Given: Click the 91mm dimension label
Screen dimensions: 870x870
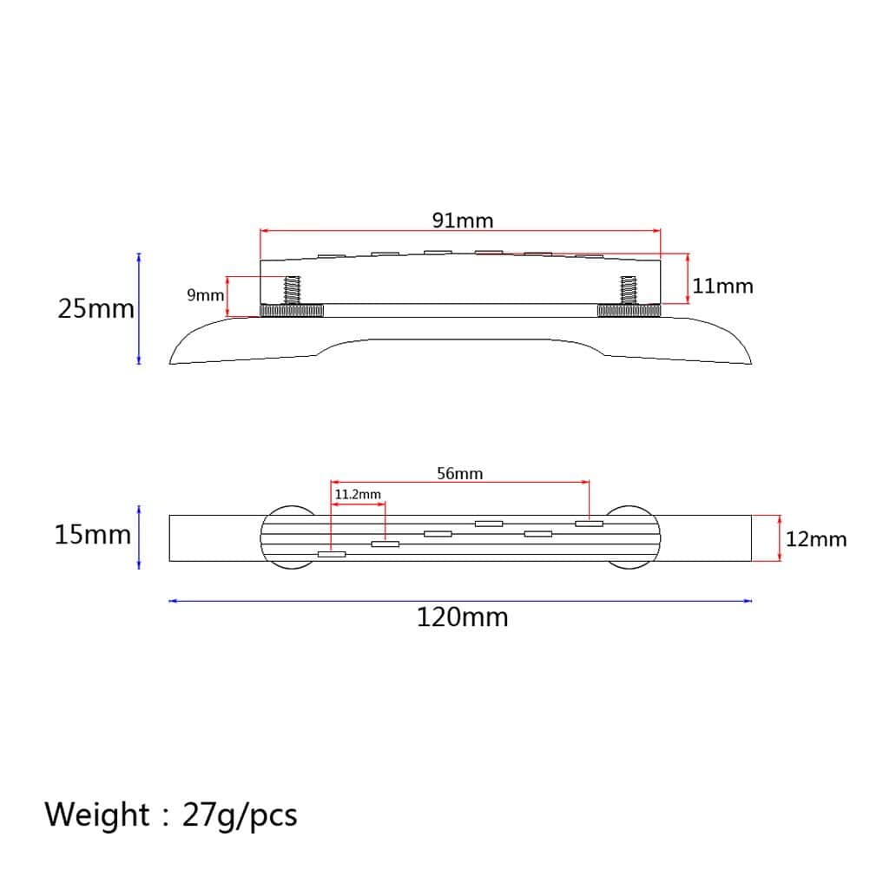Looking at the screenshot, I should tap(463, 221).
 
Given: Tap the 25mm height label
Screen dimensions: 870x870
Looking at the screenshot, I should tap(96, 308).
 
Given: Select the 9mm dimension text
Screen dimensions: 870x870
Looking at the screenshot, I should tap(205, 295).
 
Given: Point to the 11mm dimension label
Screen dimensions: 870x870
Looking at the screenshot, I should tap(722, 286).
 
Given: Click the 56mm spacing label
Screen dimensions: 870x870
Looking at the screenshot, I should tap(459, 473).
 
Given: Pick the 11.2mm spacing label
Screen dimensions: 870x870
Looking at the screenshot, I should tap(358, 494).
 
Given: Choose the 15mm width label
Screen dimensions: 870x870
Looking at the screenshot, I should tap(92, 534).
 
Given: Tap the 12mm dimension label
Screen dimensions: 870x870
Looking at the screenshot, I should tap(815, 539).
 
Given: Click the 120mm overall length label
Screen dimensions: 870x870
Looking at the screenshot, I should tap(462, 617).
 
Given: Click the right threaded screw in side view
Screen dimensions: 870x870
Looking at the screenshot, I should tap(629, 290).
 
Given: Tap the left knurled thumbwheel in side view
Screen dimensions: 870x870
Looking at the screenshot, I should tap(292, 311).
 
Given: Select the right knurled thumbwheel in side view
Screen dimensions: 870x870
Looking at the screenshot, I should tap(629, 311).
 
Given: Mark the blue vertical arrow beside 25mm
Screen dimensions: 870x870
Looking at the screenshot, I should tap(139, 308).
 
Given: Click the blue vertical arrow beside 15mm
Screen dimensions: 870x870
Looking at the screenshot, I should tap(139, 538).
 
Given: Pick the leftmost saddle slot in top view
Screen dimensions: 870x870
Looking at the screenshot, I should tap(332, 554).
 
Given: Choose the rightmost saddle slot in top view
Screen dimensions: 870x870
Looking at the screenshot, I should tap(589, 524).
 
